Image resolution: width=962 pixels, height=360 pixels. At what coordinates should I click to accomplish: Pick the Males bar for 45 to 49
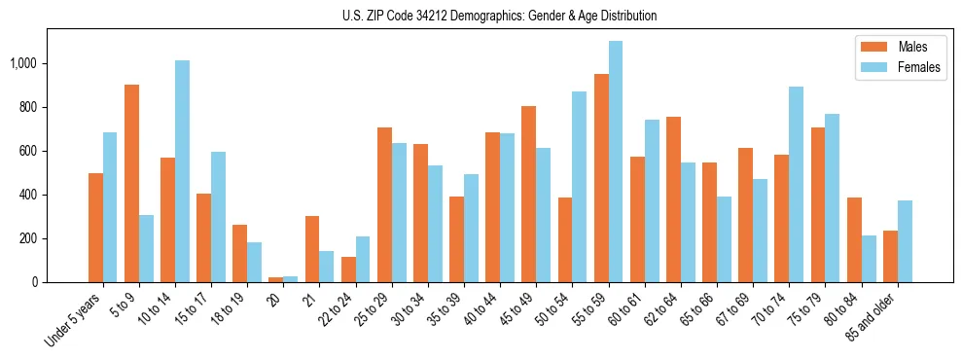(x=528, y=195)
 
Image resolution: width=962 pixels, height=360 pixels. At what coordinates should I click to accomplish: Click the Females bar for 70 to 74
(x=795, y=185)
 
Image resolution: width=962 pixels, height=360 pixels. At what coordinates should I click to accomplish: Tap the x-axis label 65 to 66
(x=696, y=308)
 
